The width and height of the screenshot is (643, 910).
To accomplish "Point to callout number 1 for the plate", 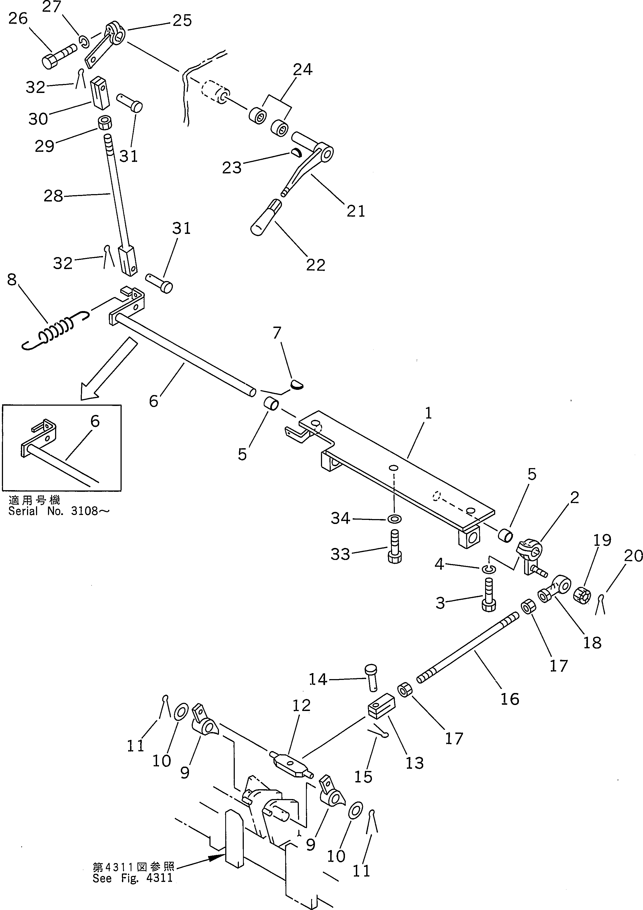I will (x=428, y=414).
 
